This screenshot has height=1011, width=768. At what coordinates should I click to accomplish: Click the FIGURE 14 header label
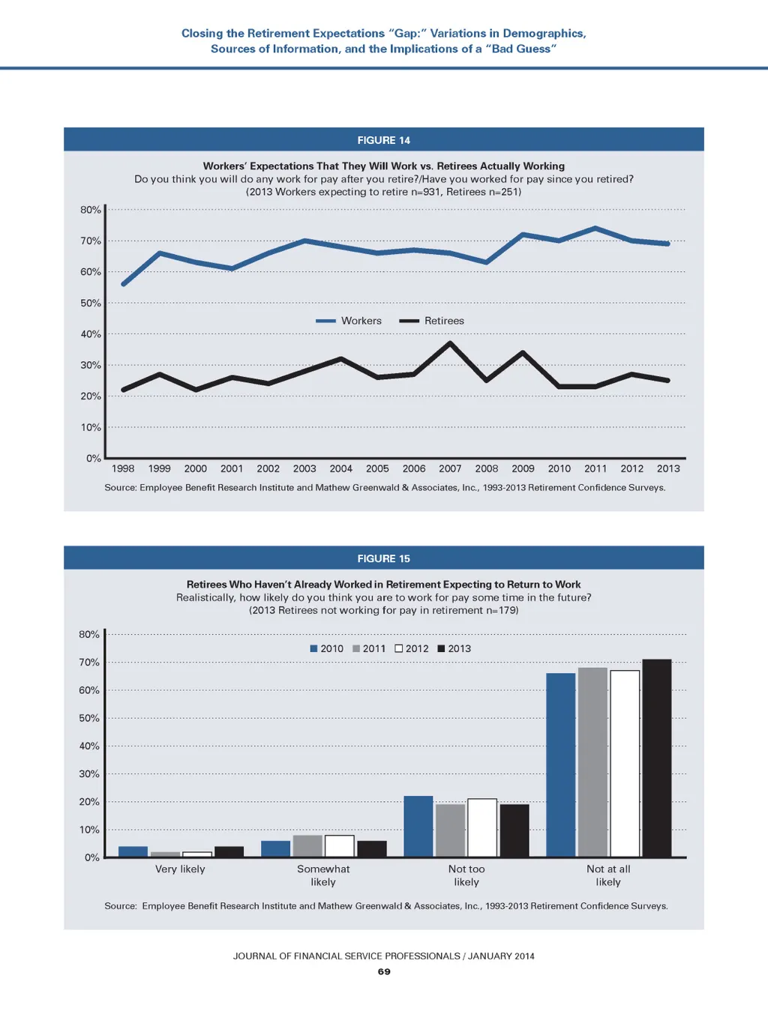383,140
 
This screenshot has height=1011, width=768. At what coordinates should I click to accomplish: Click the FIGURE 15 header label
383,558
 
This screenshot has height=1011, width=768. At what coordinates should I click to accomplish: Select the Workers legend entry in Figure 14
349,321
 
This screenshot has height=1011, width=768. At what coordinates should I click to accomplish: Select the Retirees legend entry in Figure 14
432,321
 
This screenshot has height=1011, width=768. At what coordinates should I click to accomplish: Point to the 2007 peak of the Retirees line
450,343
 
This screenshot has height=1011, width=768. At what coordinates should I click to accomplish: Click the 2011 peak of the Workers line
595,228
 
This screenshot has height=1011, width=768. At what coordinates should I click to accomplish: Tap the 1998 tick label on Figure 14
123,468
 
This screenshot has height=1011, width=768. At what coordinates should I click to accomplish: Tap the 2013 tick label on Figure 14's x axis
668,468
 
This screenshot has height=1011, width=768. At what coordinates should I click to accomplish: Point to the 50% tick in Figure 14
91,303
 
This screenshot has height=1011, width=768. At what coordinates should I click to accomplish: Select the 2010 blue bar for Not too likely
418,826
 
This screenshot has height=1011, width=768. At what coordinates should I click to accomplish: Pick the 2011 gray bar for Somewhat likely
307,845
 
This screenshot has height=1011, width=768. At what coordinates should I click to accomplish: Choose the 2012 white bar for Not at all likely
625,763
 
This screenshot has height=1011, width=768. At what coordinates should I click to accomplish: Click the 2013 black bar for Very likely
229,851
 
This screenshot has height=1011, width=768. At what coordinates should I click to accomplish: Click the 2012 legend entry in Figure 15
412,649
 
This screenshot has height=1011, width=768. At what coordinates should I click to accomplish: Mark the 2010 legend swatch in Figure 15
314,649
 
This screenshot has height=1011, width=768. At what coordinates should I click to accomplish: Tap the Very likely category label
180,869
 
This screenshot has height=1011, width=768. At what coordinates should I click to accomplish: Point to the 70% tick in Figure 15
89,663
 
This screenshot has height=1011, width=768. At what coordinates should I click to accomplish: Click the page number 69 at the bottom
384,971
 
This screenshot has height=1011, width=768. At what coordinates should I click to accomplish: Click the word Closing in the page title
202,34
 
